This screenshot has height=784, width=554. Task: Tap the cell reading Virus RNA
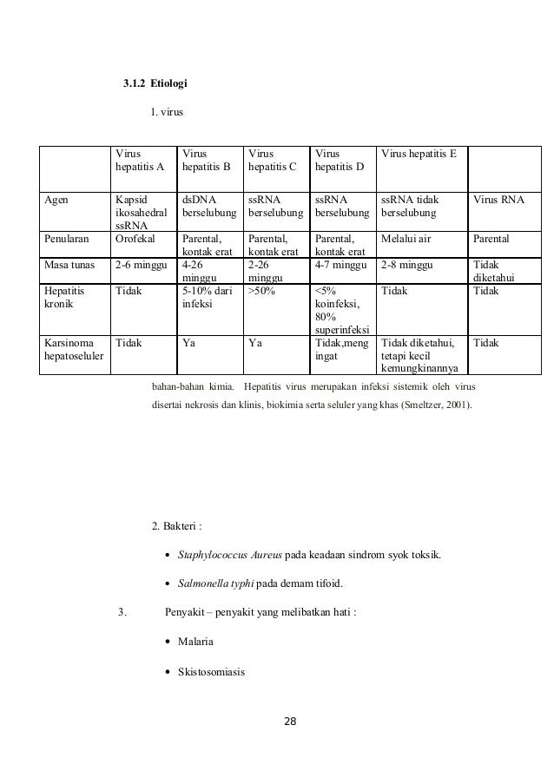pos(499,200)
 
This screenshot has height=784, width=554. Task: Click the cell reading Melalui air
pos(407,237)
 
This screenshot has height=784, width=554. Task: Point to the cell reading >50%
pos(261,291)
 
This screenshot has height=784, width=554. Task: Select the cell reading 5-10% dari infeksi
pos(203,298)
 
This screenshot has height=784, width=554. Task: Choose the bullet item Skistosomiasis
pos(211,670)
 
